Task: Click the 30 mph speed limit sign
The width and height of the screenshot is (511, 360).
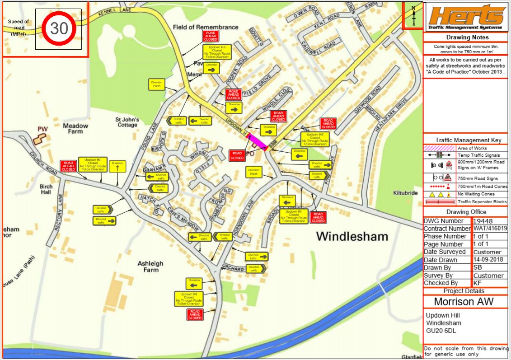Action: (59, 28)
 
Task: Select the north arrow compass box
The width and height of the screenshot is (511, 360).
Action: (413, 15)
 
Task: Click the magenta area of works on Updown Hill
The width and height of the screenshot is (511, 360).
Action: (256, 141)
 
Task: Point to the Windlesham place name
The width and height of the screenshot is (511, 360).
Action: (352, 236)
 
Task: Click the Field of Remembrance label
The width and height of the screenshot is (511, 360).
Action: (206, 27)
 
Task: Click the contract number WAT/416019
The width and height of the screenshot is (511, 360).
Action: (490, 229)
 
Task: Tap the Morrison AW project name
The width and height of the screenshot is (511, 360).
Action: (464, 301)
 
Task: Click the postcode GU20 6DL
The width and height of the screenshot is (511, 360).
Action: (441, 331)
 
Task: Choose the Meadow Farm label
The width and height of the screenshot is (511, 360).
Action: (75, 128)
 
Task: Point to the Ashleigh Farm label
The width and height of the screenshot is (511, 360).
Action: (151, 266)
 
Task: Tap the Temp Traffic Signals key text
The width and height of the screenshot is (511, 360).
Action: (482, 155)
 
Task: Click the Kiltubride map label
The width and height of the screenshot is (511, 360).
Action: (405, 192)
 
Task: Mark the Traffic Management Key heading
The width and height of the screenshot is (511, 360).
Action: (465, 140)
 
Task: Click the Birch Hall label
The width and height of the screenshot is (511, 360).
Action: (46, 189)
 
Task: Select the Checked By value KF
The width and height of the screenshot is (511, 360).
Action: (478, 283)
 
